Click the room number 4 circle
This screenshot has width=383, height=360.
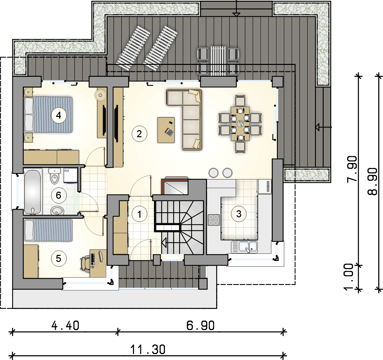click(x=59, y=115)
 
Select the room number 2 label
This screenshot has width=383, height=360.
click(x=139, y=134)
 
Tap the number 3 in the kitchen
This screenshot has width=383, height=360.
click(x=239, y=214)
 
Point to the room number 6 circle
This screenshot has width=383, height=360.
click(x=59, y=195)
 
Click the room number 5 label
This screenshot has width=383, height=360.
click(x=59, y=259)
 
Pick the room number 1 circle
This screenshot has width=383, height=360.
click(x=139, y=214)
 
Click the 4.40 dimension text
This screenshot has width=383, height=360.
click(x=65, y=326)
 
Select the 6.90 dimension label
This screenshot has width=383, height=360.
click(x=201, y=326)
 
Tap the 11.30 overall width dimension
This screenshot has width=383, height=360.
click(x=148, y=350)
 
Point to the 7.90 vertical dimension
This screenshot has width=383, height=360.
click(x=352, y=169)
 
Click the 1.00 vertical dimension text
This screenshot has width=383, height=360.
click(x=348, y=277)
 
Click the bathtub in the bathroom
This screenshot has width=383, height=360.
click(x=32, y=192)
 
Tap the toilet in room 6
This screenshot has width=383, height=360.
click(x=54, y=176)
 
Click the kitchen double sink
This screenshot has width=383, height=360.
click(x=244, y=247)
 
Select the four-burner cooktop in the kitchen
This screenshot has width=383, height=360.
click(x=214, y=220)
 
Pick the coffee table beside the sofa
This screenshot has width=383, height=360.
click(x=166, y=130)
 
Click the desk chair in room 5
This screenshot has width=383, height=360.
click(x=85, y=263)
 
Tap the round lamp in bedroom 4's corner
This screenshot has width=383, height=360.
click(x=100, y=94)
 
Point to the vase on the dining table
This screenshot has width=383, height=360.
click(x=240, y=123)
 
